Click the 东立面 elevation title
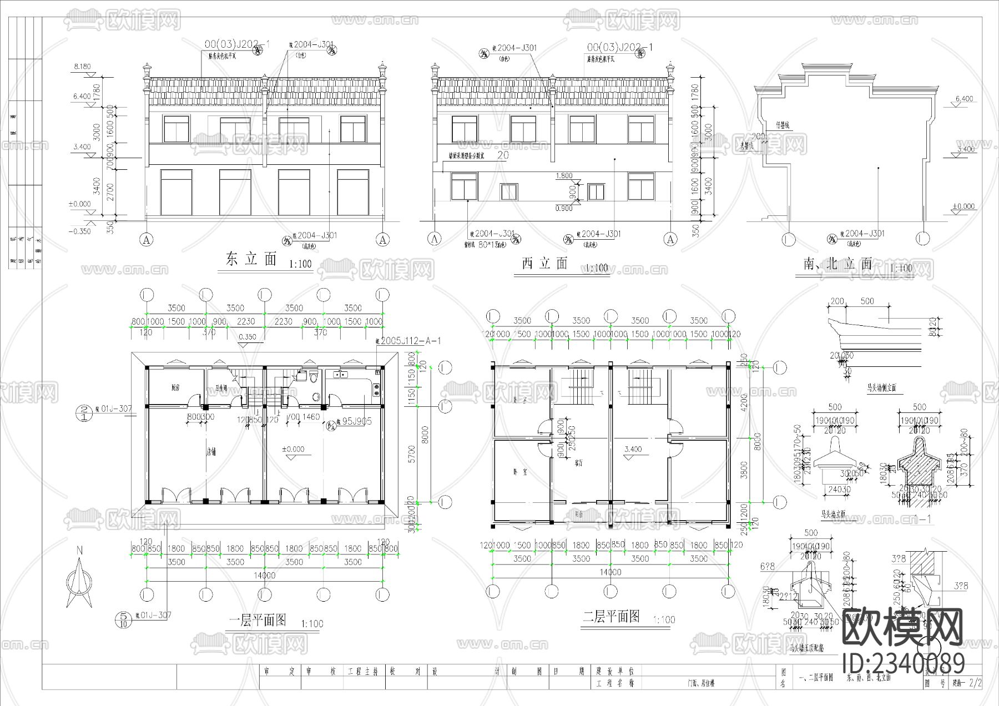pos(251,259)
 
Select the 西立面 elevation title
pos(545,263)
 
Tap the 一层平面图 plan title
pos(258,620)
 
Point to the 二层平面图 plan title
pos(611,616)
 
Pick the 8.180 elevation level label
pos(82,67)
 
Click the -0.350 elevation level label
pos(80,231)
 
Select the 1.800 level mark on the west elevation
pos(564,176)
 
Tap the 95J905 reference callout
pos(355,421)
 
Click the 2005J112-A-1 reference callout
pos(407,341)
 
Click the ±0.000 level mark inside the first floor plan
pos(292,449)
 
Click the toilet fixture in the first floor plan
pos(314,379)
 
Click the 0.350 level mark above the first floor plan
pos(248,336)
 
